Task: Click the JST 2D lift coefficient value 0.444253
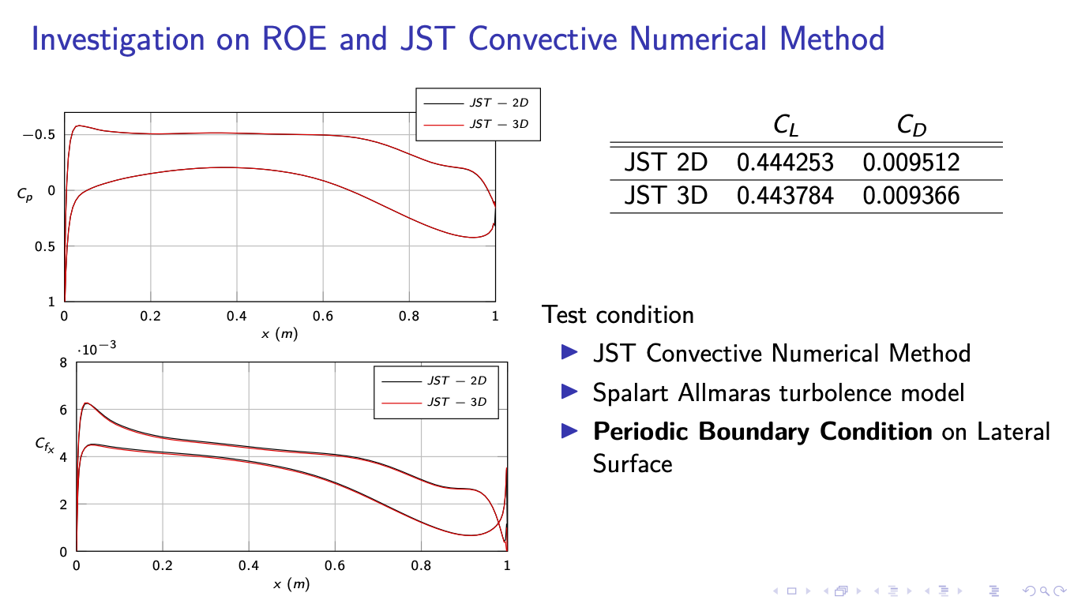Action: (x=784, y=163)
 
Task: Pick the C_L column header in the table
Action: (x=785, y=126)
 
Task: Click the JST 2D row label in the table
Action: (x=665, y=163)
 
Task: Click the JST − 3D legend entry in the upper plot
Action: (x=498, y=124)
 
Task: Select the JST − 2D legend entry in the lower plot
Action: (x=456, y=381)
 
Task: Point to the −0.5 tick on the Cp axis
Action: (x=39, y=134)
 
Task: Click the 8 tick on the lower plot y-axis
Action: (x=63, y=363)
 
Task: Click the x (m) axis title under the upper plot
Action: (x=280, y=334)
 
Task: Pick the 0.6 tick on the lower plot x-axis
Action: (x=335, y=566)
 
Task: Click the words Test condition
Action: (x=618, y=315)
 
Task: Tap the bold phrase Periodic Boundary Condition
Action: (x=762, y=432)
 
